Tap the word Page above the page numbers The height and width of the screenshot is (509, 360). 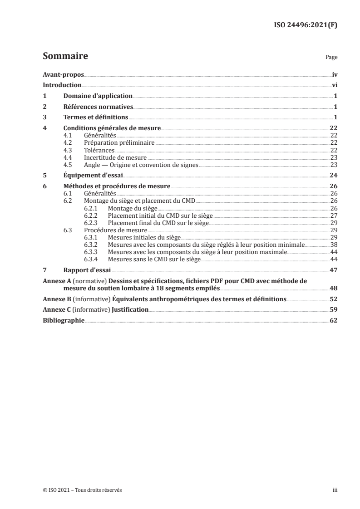point(331,58)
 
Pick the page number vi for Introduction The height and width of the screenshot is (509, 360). point(334,85)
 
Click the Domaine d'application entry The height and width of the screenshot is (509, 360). point(98,96)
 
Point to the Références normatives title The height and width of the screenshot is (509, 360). point(98,107)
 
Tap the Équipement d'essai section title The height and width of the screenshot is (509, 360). point(93,175)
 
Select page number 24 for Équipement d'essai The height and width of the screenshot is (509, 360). point(333,175)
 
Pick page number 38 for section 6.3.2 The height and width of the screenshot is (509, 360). point(334,245)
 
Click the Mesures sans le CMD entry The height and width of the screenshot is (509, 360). point(154,259)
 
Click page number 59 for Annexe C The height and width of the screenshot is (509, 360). point(333,309)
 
